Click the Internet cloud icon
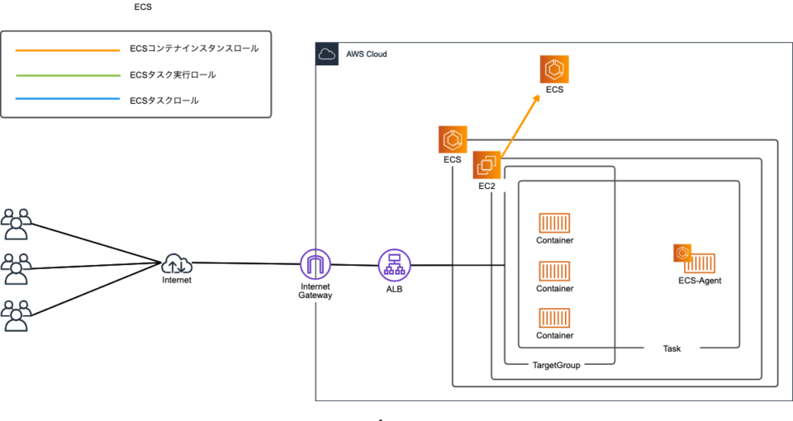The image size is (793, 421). click(177, 263)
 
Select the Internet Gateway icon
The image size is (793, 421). click(315, 264)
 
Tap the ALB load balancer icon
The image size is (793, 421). click(393, 264)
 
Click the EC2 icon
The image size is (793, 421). click(487, 165)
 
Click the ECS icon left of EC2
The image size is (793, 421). click(453, 140)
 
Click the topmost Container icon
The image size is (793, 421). click(554, 223)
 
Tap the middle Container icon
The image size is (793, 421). click(554, 272)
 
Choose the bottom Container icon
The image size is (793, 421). click(554, 318)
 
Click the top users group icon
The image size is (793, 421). click(17, 223)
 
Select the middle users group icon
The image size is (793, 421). click(17, 268)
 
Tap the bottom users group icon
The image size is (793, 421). click(17, 315)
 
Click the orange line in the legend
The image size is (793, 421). click(67, 50)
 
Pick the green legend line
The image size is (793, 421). click(67, 75)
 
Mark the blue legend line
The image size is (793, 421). click(67, 100)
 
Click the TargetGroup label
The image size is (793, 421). click(557, 365)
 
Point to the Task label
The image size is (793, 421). click(672, 349)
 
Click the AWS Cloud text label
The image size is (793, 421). click(366, 54)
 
